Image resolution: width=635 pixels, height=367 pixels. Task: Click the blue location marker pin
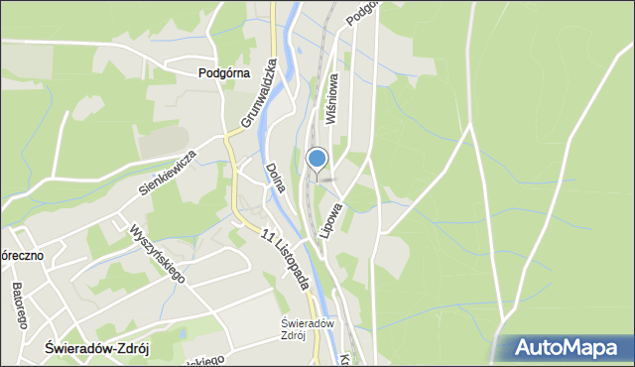click(317, 160)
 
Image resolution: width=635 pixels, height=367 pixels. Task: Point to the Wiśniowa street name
click(330, 97)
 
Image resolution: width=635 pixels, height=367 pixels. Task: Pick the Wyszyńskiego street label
click(157, 251)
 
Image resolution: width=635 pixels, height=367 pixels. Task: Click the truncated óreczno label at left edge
click(20, 255)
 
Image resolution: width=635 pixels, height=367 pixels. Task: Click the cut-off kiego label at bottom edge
click(206, 360)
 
